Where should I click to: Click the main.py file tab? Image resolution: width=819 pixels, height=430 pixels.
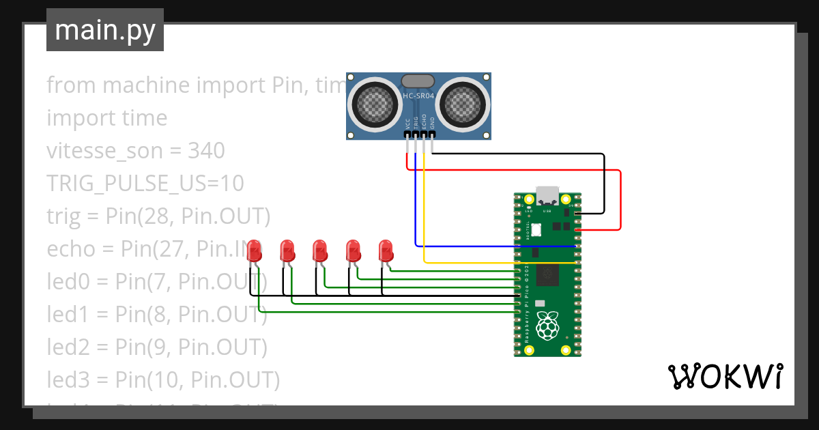(104, 30)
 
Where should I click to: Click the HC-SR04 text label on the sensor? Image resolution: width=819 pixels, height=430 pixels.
(418, 96)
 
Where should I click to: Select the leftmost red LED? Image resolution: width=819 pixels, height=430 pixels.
(255, 250)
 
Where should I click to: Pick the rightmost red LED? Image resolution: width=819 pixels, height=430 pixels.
(386, 250)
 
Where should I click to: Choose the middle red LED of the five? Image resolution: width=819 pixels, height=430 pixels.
(320, 250)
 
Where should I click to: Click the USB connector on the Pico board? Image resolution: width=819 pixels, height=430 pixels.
(547, 195)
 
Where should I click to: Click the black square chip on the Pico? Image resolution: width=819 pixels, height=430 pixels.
(547, 274)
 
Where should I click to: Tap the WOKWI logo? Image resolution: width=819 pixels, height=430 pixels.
(724, 376)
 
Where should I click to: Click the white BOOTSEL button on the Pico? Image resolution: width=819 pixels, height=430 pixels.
(536, 230)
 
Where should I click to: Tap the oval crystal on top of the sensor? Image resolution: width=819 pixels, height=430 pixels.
(418, 81)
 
